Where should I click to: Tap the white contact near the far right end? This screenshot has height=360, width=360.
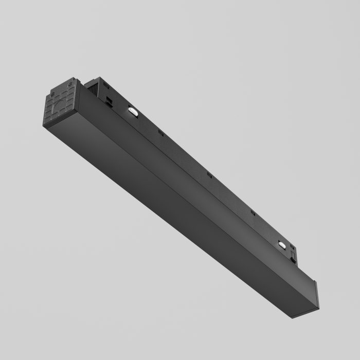click(x=282, y=246)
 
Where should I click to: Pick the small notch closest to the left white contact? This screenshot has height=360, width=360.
click(x=160, y=134)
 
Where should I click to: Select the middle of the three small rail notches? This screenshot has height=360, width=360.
click(x=209, y=175)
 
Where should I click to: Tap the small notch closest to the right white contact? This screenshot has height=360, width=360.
click(x=253, y=212)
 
